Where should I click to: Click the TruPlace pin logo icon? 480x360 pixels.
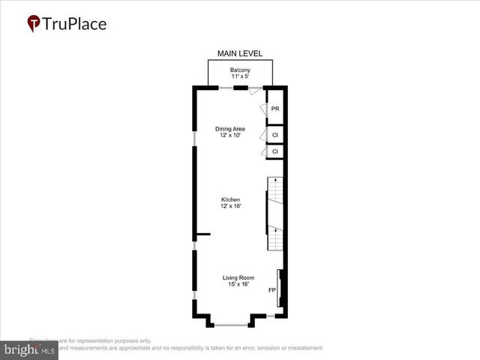34,23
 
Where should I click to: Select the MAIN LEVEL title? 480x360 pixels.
239,53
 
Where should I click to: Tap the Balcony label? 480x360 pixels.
239,70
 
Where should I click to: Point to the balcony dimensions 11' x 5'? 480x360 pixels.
239,76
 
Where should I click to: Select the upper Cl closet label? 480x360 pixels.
275,135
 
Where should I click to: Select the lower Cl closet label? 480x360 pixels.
275,151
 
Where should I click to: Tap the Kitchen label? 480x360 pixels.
230,199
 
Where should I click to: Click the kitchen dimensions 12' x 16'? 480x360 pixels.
230,206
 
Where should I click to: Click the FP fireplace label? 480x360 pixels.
271,289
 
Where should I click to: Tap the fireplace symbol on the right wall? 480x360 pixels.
280,288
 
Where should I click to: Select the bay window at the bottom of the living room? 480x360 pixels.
230,325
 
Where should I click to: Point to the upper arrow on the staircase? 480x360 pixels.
275,181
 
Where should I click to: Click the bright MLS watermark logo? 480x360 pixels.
28,349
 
